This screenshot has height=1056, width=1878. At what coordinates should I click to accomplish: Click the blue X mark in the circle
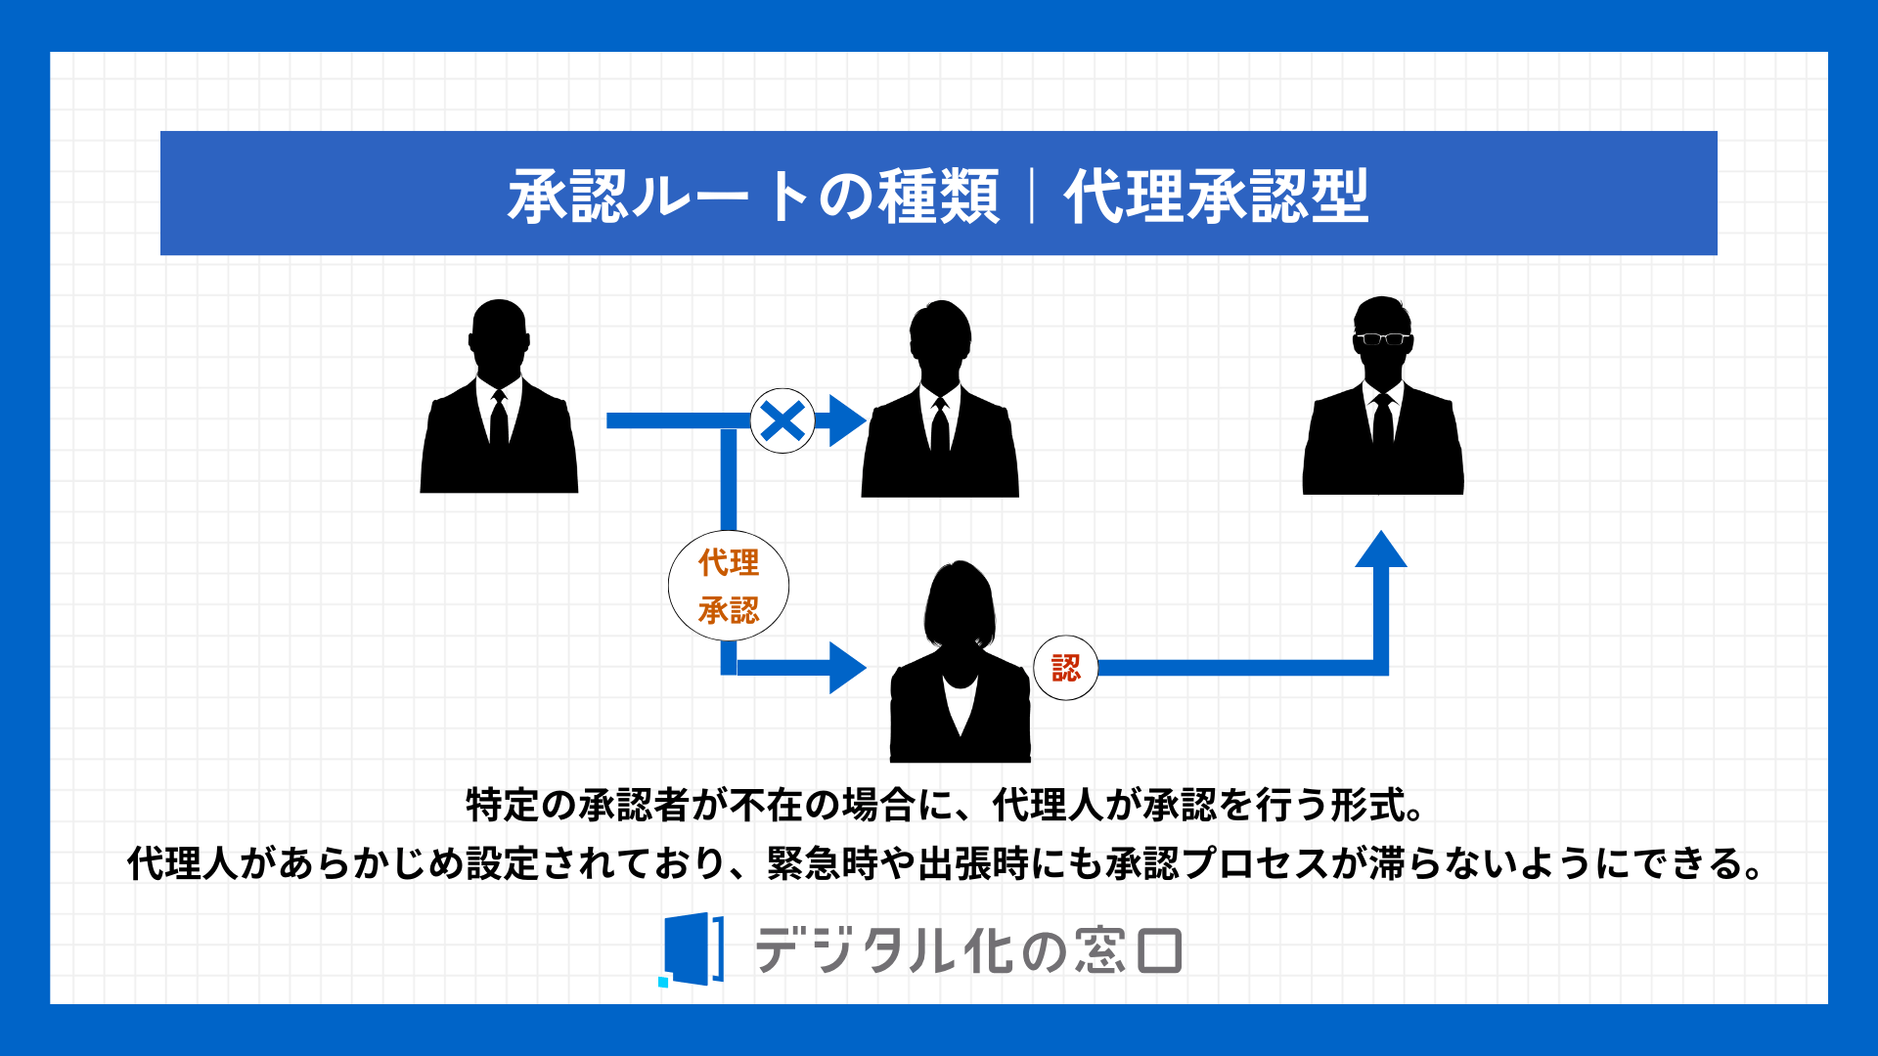point(782,421)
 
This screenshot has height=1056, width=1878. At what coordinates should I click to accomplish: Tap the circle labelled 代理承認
point(729,586)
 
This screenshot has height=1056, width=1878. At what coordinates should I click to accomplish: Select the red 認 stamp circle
point(1066,668)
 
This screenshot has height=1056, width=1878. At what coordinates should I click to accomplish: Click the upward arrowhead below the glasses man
point(1381,550)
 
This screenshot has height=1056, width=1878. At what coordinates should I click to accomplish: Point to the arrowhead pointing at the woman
point(847,668)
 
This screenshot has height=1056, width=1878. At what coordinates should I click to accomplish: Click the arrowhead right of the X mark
point(847,420)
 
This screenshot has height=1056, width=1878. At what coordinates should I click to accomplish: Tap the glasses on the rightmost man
point(1382,339)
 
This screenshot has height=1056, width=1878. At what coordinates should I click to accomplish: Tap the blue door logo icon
point(693,949)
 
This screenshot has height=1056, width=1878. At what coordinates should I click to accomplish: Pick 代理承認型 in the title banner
point(1216,196)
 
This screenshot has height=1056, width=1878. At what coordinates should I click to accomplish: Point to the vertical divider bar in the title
point(1032,196)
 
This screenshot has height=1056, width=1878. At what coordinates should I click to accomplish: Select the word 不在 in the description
point(767,805)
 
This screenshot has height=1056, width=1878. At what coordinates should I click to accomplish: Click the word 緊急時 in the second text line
point(823,863)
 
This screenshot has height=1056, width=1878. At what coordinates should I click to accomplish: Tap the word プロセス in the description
point(1256,863)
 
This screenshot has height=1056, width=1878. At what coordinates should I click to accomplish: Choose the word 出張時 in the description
point(973,863)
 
